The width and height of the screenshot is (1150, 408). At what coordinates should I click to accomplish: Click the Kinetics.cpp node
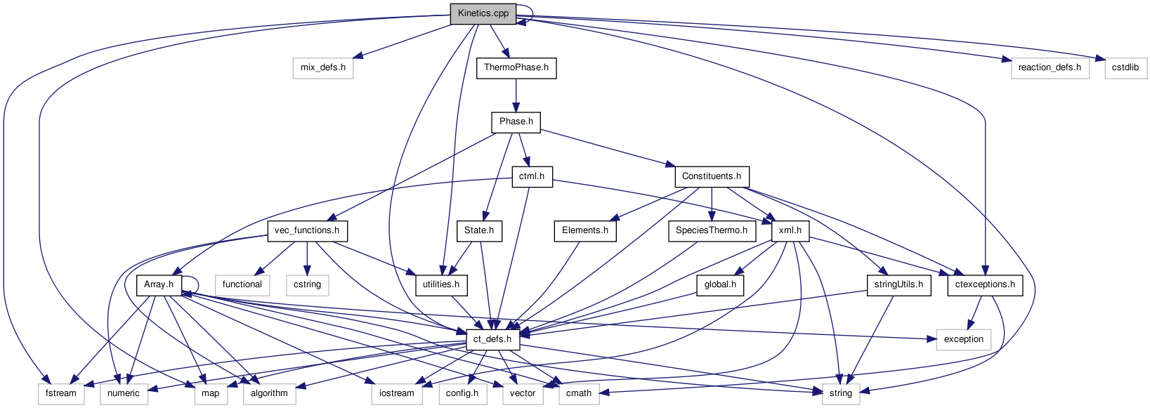[x=483, y=13]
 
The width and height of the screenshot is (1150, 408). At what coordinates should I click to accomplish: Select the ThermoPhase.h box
[x=516, y=67]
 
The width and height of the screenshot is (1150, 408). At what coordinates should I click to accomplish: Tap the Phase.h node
[x=516, y=121]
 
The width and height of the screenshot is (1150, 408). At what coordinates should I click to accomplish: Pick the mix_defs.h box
[x=323, y=67]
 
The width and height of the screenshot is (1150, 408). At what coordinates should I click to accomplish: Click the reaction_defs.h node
[x=1050, y=67]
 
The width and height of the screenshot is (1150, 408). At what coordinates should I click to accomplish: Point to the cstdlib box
[x=1125, y=67]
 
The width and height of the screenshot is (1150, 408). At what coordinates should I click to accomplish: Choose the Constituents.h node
[x=712, y=176]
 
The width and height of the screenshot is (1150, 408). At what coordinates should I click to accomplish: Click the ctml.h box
[x=532, y=176]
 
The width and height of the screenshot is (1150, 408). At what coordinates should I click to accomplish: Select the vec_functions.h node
[x=307, y=230]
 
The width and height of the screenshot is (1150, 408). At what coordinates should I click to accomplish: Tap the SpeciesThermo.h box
[x=712, y=230]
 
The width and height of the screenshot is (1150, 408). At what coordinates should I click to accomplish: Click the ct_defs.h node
[x=492, y=339]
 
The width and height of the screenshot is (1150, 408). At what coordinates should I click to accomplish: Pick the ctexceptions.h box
[x=986, y=284]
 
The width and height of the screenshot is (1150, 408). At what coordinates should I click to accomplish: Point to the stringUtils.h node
[x=899, y=284]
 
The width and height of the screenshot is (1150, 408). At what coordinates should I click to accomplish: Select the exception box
[x=964, y=339]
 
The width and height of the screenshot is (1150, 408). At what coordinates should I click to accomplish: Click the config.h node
[x=462, y=393]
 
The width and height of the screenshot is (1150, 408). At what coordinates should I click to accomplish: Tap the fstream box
[x=61, y=393]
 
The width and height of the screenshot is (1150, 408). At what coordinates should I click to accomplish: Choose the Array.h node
[x=159, y=284]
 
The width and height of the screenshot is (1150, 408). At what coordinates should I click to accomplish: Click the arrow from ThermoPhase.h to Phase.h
[x=516, y=95]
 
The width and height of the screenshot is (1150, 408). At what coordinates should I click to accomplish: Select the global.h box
[x=720, y=284]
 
